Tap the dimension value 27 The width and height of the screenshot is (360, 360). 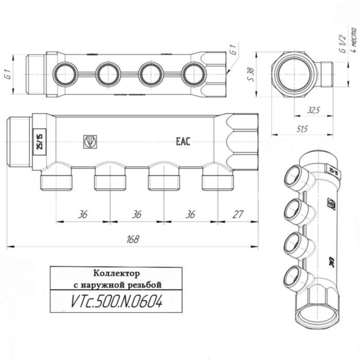pyautogui.click(x=238, y=214)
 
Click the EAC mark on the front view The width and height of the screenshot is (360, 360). pyautogui.click(x=183, y=141)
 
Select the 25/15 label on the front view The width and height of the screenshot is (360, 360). pyautogui.click(x=38, y=140)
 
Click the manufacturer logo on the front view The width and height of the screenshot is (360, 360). pyautogui.click(x=90, y=141)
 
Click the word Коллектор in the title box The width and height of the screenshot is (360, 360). pyautogui.click(x=117, y=273)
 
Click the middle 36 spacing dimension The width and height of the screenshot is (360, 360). pyautogui.click(x=136, y=214)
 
